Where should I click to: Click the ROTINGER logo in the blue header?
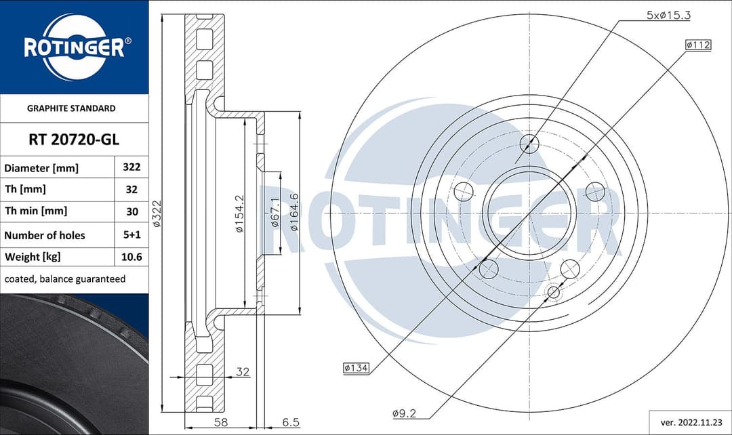coord(74,47)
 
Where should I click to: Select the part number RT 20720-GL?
coord(74,140)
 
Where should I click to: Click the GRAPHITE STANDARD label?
coord(71,108)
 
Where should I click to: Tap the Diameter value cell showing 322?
coord(131,167)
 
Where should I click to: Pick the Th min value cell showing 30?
coord(131,211)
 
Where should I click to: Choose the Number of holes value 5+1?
coord(131,235)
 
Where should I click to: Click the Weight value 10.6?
coord(131,257)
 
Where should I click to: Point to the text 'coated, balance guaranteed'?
coord(65,279)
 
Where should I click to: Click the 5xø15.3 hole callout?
coord(668,15)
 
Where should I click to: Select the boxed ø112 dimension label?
coord(697,45)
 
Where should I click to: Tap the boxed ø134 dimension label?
coord(356,368)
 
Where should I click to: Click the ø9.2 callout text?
coord(404,412)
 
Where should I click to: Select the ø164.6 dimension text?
coord(294,212)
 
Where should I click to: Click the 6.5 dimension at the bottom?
coord(291,422)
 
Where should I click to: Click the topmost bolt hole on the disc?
coord(529,144)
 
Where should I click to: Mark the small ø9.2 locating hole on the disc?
coord(553,293)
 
